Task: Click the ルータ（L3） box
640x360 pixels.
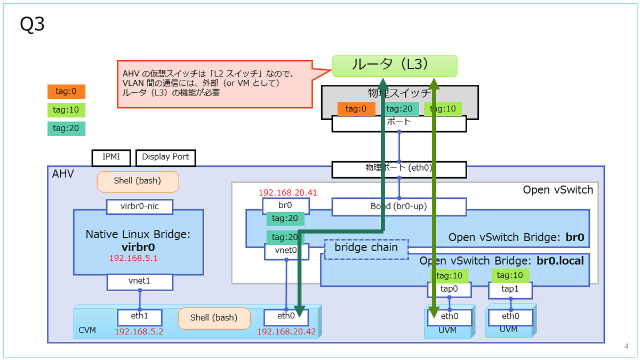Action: (394, 66)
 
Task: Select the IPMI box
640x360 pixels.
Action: (111, 157)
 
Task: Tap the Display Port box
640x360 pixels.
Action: (166, 157)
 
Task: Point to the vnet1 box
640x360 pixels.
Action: (140, 282)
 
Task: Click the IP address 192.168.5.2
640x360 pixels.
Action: (139, 332)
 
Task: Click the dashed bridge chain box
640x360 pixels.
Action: (366, 248)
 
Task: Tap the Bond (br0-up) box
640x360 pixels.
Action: (399, 206)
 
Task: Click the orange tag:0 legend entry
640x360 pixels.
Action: (66, 92)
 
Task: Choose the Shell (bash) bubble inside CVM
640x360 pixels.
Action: (214, 318)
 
